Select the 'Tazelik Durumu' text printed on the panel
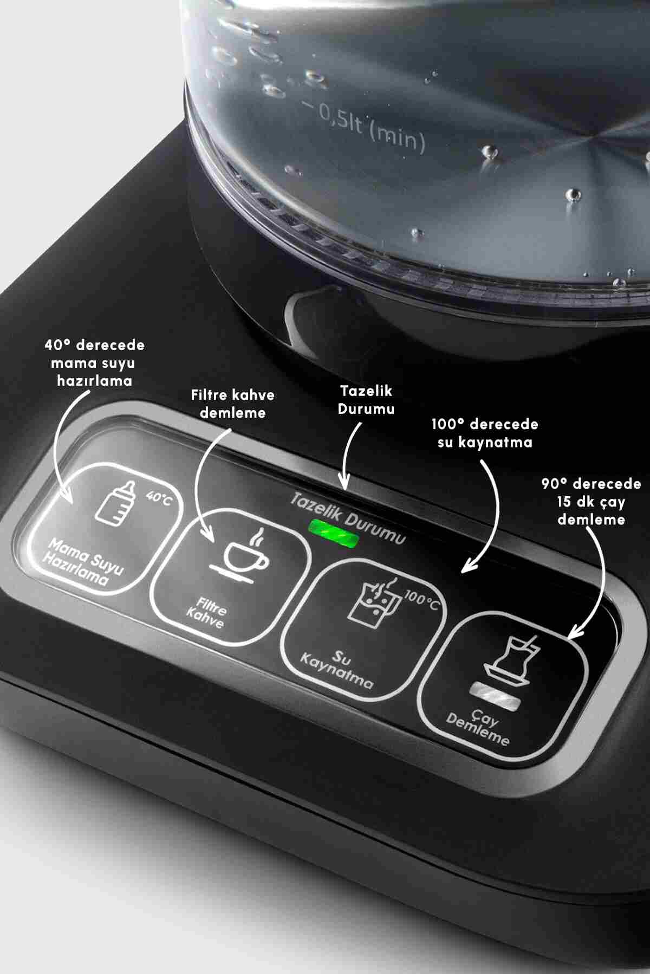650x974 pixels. click(x=347, y=517)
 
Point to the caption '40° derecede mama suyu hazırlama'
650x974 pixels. click(x=95, y=362)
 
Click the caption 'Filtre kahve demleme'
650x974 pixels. click(x=233, y=403)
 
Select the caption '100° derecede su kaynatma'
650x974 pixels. click(x=485, y=433)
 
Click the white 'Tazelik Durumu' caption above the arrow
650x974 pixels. click(x=366, y=399)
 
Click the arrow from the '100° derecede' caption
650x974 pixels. click(x=494, y=514)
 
